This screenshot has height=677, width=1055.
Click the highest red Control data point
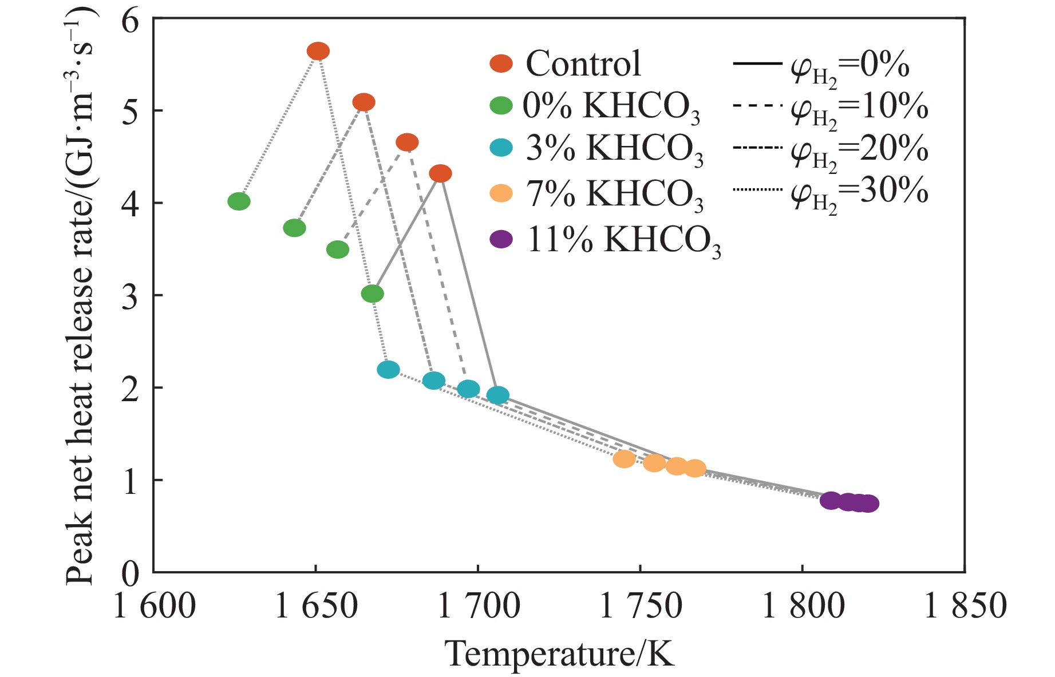318,52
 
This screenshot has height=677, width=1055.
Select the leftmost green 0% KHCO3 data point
239,201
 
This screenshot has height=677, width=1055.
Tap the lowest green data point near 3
373,294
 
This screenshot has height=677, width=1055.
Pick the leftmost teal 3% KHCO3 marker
388,370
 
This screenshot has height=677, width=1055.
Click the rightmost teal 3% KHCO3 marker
498,395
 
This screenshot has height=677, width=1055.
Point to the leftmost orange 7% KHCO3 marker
624,459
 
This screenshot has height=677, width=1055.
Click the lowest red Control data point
440,173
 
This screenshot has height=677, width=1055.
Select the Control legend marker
501,64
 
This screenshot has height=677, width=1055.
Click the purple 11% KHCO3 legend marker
501,239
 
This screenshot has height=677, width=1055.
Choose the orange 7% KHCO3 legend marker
501,194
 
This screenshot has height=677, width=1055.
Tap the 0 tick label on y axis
131,573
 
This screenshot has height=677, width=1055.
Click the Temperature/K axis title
560,654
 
